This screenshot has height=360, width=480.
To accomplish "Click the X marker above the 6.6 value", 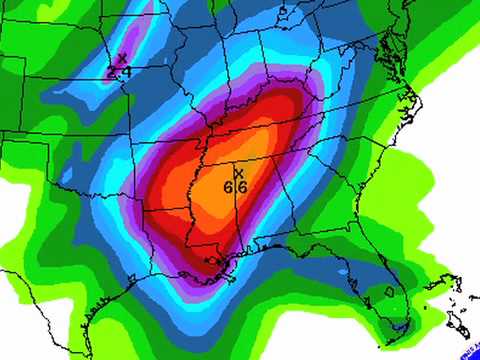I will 238,172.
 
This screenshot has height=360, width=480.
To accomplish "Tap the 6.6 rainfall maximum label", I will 236,186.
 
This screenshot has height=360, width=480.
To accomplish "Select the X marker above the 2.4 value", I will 122,58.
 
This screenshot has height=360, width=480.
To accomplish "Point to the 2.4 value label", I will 119,71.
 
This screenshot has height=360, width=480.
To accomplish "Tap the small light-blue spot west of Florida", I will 344,271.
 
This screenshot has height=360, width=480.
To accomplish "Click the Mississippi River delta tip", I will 231,287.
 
